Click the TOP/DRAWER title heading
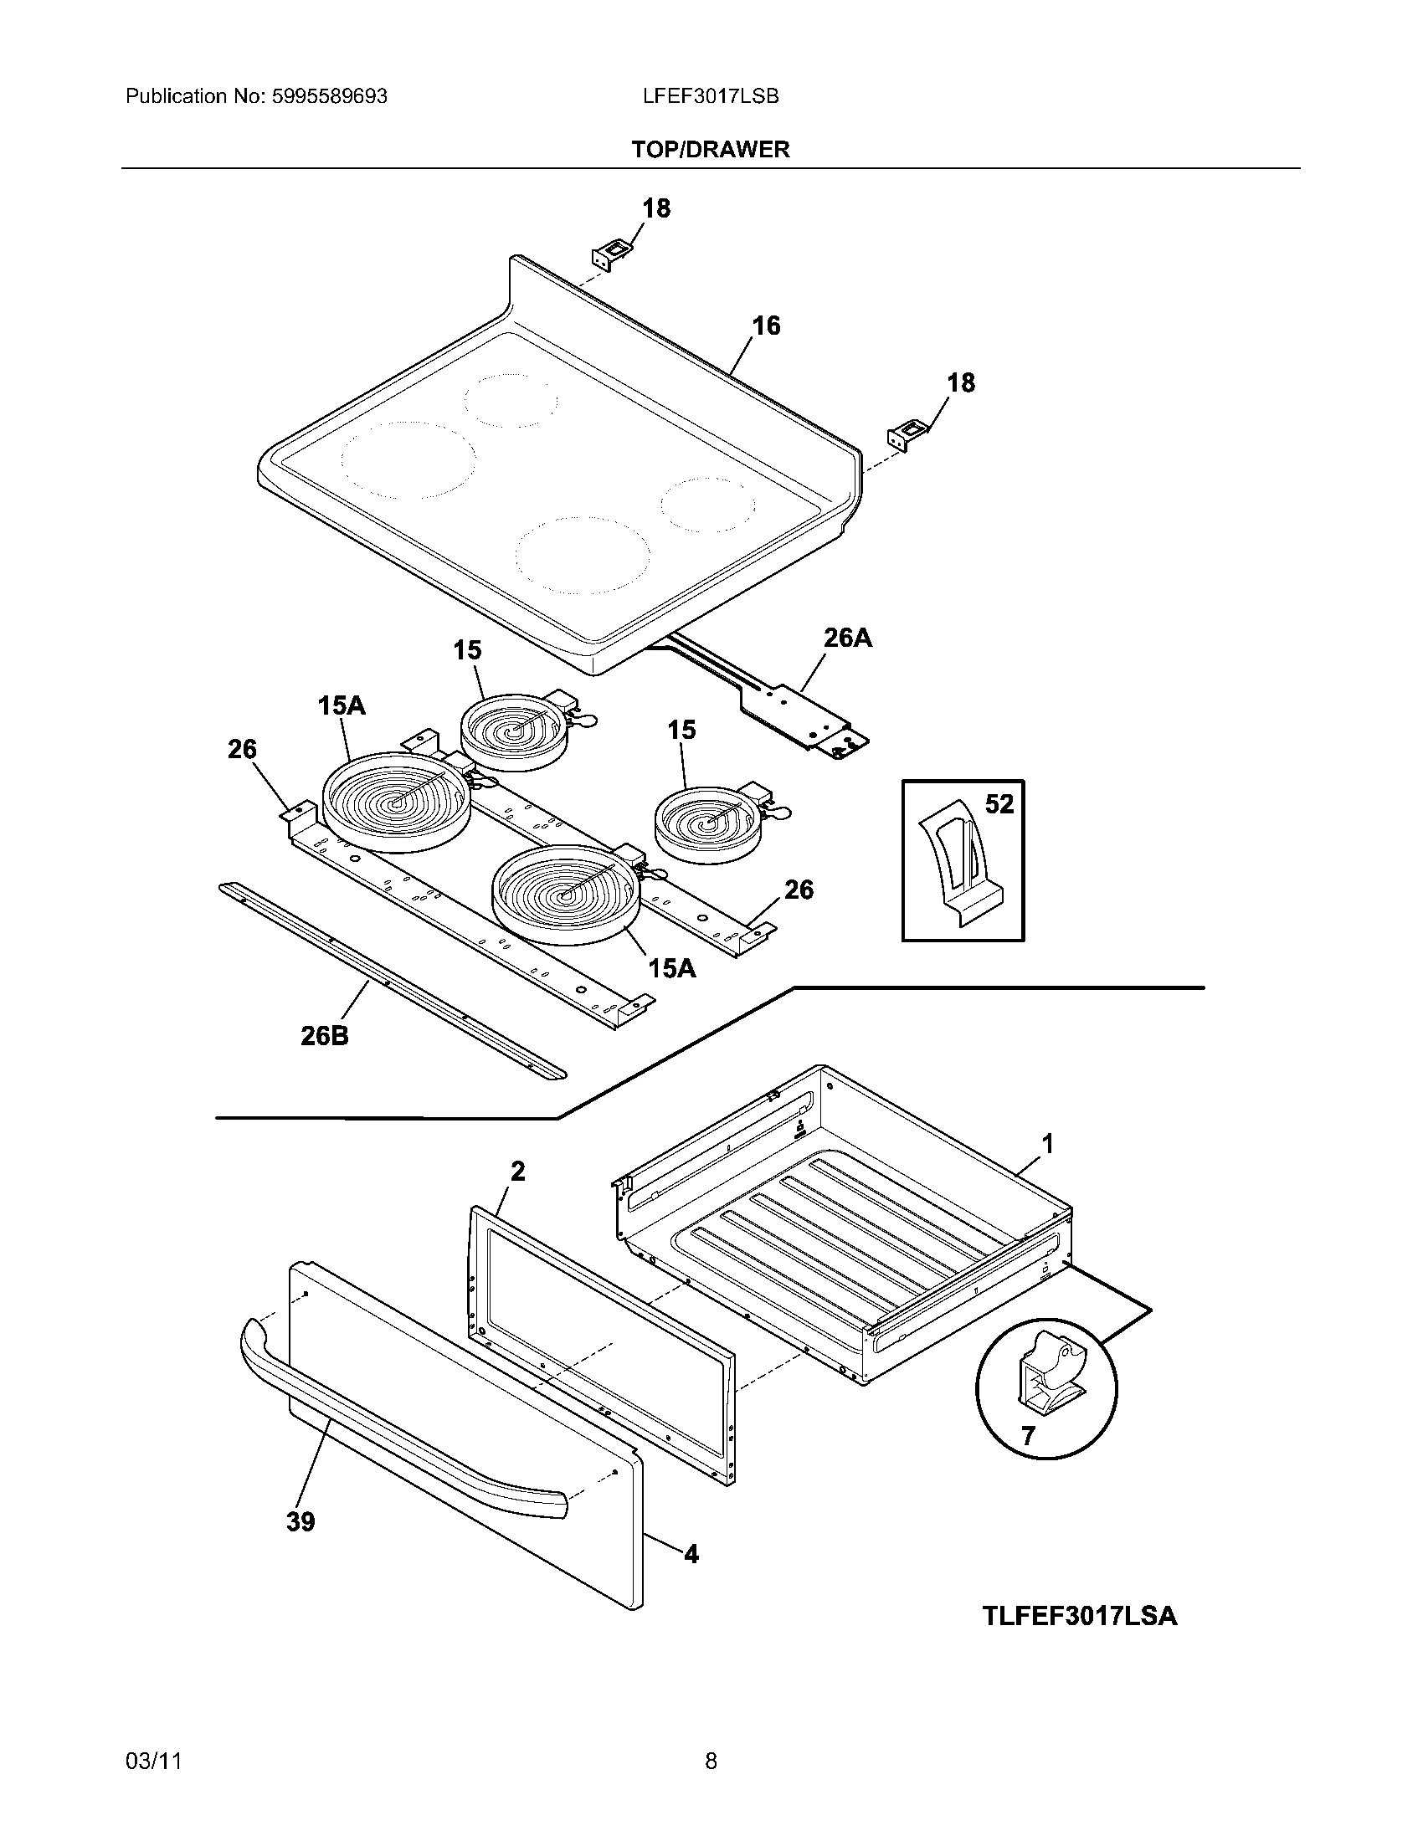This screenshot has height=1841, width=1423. [x=711, y=149]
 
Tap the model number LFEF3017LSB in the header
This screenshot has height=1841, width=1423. [x=710, y=96]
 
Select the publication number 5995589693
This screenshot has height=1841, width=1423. [x=330, y=96]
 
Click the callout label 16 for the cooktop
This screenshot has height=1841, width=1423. [x=765, y=326]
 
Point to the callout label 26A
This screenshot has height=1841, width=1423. [x=847, y=638]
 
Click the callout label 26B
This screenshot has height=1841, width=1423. [x=325, y=1036]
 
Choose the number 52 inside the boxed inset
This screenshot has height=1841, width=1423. [x=999, y=804]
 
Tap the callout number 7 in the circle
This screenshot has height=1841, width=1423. [x=1027, y=1435]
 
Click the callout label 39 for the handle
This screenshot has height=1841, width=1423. [x=301, y=1522]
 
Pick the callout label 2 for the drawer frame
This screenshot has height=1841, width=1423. [x=517, y=1171]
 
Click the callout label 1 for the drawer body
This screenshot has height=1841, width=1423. [x=1048, y=1144]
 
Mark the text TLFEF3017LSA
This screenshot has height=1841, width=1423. [x=1079, y=1616]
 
